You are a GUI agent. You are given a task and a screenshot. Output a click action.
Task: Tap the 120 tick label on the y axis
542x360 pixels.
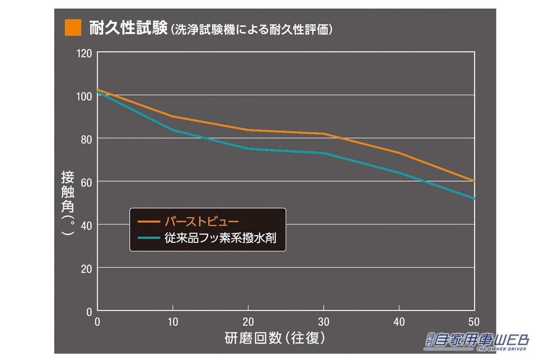click(84, 54)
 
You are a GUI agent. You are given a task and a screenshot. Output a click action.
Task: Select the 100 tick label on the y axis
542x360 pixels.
click(84, 96)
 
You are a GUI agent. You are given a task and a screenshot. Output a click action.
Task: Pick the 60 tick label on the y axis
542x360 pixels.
click(86, 182)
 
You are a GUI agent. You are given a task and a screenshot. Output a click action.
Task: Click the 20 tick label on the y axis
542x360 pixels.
click(86, 269)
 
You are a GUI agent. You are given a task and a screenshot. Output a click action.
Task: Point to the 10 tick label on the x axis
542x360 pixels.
click(172, 322)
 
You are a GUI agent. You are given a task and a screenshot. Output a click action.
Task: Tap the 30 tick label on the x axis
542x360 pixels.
click(324, 322)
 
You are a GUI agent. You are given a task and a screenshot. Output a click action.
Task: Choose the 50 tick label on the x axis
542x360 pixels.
click(474, 322)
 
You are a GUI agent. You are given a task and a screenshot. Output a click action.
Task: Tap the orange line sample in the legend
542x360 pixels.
click(148, 222)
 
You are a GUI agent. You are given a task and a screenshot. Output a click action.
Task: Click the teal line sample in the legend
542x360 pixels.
click(148, 238)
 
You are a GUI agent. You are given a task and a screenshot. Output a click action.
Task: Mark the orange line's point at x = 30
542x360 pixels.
click(324, 134)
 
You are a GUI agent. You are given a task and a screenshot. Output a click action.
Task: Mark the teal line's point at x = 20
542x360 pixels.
click(248, 149)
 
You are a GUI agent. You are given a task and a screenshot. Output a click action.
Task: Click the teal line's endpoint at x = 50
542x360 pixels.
click(474, 198)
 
